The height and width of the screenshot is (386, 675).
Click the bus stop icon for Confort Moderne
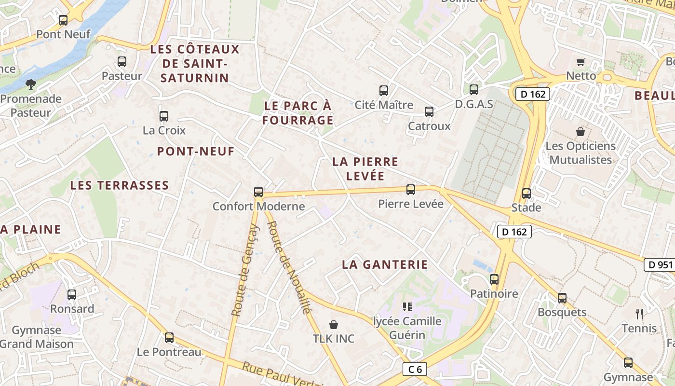click(258, 192)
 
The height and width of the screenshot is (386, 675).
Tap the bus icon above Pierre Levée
click(411, 190)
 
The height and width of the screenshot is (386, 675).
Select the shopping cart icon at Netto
click(581, 62)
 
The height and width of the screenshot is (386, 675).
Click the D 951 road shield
click(659, 264)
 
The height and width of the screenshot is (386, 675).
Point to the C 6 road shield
click(415, 370)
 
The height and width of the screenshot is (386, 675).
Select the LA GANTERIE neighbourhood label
click(385, 264)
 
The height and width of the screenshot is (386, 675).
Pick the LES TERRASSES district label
click(120, 185)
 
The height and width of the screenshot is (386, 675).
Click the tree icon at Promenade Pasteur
click(31, 84)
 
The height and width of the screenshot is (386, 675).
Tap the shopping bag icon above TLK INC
click(333, 324)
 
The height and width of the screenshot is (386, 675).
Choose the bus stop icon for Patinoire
click(494, 279)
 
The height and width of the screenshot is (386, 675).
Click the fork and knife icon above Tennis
click(639, 314)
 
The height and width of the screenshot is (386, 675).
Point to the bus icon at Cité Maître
click(384, 90)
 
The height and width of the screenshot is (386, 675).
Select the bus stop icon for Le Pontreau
click(169, 338)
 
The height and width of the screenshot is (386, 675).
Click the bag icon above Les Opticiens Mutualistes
click(580, 131)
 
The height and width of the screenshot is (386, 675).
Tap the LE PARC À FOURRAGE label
click(298, 113)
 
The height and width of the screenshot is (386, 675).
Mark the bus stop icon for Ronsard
click(72, 294)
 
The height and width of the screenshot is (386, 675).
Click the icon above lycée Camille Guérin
click(407, 306)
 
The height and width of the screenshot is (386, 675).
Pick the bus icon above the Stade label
click(526, 193)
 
